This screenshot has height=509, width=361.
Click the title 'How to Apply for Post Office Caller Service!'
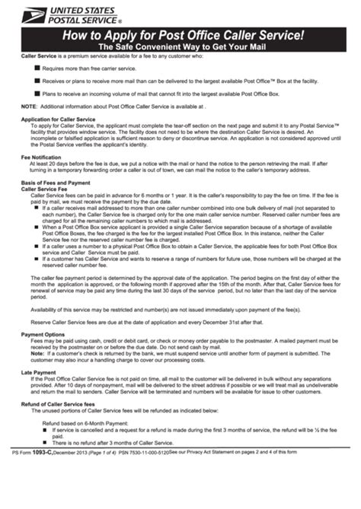(x=180, y=35)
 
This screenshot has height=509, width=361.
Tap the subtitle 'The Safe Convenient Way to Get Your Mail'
(x=180, y=47)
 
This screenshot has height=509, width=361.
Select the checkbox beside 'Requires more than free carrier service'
(x=37, y=68)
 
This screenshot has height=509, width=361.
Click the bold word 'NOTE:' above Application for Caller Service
(x=28, y=107)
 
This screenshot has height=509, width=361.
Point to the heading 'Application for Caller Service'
(x=57, y=119)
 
